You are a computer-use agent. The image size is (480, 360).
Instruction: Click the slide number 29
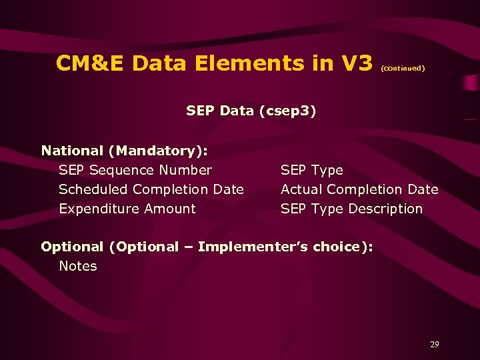434,345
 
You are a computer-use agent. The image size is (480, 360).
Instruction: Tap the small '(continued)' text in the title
403,68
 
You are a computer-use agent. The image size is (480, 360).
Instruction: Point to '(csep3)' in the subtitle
287,111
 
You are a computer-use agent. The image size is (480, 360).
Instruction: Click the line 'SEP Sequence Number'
135,170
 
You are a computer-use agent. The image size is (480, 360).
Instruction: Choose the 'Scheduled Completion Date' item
151,189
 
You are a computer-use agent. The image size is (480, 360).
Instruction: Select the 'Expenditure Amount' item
127,209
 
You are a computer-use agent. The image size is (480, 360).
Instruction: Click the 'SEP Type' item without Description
311,170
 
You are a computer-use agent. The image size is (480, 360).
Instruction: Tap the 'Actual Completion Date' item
359,189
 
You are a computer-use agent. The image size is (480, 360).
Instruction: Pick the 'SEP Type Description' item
351,209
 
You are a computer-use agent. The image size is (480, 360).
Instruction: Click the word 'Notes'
78,266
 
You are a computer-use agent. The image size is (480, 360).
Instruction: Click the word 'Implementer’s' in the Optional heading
253,247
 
